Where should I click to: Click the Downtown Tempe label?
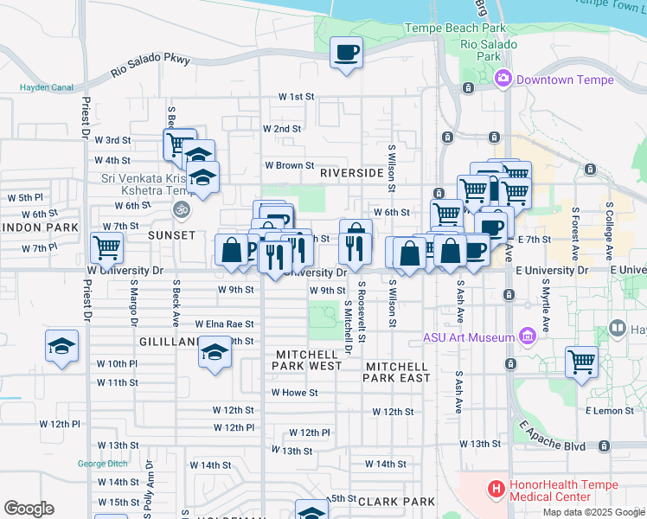[565, 80]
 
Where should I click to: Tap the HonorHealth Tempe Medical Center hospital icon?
[496, 490]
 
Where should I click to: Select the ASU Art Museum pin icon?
[527, 336]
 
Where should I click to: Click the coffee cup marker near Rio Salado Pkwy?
[346, 54]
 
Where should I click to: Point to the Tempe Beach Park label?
[456, 29]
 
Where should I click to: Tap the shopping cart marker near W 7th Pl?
[106, 247]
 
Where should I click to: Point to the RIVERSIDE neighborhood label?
[351, 173]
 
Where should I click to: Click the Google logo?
[29, 509]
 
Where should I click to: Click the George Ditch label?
[103, 463]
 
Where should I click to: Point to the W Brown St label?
[289, 164]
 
